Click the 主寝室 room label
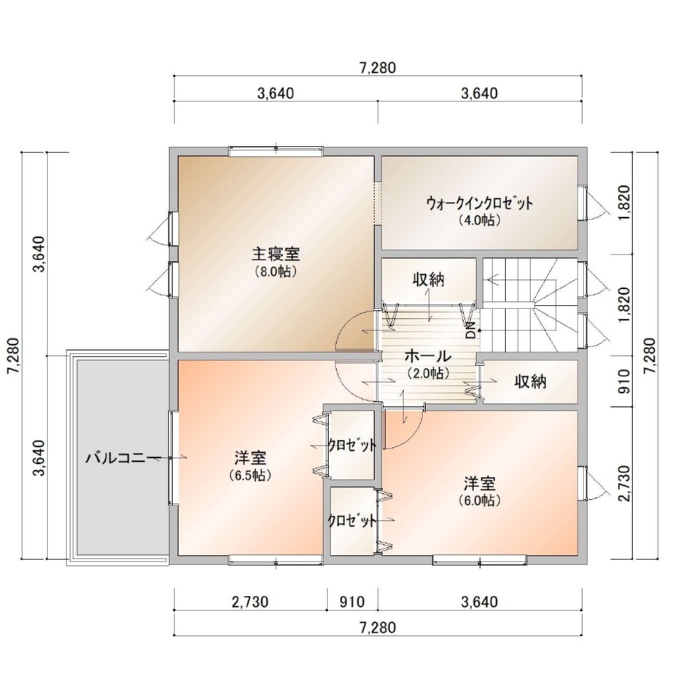pyautogui.click(x=276, y=254)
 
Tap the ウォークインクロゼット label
pyautogui.click(x=479, y=203)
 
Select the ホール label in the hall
pyautogui.click(x=427, y=355)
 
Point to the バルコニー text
pyautogui.click(x=123, y=458)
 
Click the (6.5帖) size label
pyautogui.click(x=249, y=476)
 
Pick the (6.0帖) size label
pyautogui.click(x=480, y=500)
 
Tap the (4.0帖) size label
pyautogui.click(x=479, y=220)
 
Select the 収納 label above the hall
pyautogui.click(x=428, y=279)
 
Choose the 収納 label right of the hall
pyautogui.click(x=531, y=382)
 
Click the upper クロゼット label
pyautogui.click(x=352, y=446)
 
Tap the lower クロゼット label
pyautogui.click(x=352, y=521)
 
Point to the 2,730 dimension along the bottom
pyautogui.click(x=249, y=602)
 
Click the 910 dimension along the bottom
pyautogui.click(x=352, y=602)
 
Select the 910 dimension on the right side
pyautogui.click(x=624, y=381)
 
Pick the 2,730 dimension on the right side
pyautogui.click(x=624, y=484)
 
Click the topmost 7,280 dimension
pyautogui.click(x=377, y=68)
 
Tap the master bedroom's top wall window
pyautogui.click(x=276, y=151)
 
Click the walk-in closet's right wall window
pyautogui.click(x=583, y=203)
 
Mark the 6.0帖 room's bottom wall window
pyautogui.click(x=480, y=560)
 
